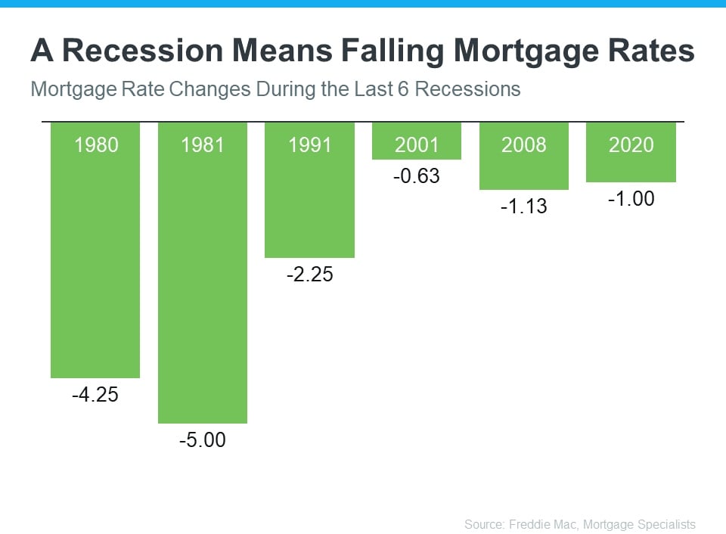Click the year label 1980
[96, 144]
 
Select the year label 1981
[203, 144]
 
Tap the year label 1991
[310, 144]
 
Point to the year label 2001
[417, 144]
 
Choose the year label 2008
[524, 144]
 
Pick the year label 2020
[631, 144]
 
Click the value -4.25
[96, 394]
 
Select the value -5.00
[203, 439]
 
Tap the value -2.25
[310, 275]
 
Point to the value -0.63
[417, 176]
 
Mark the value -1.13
[524, 206]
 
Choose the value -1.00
[631, 199]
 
